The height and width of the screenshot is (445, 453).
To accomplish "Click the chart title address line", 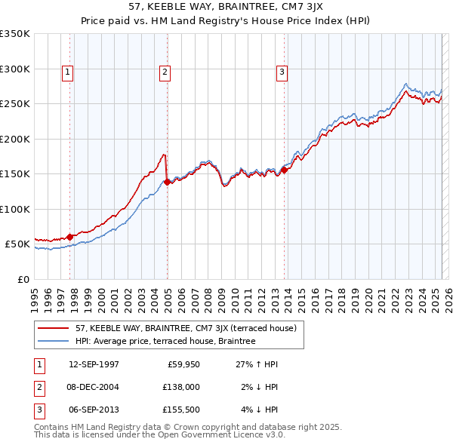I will tap(227, 7).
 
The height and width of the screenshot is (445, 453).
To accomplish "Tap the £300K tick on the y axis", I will tap(15, 69).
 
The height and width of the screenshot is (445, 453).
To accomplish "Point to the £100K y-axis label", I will tap(15, 209).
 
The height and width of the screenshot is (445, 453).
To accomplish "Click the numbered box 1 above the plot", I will tap(68, 72).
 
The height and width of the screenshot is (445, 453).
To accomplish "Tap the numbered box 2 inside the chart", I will tap(165, 72).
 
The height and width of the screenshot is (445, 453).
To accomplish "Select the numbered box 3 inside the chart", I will tap(282, 72).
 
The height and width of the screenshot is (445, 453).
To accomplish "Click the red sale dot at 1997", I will tap(70, 237).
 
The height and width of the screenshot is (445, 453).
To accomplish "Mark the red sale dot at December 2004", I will tap(167, 182).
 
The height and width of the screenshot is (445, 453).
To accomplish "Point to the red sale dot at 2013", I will tap(284, 170).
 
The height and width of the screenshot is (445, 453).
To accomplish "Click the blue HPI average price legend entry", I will tap(165, 341).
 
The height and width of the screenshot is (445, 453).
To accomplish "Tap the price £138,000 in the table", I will tap(179, 387).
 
